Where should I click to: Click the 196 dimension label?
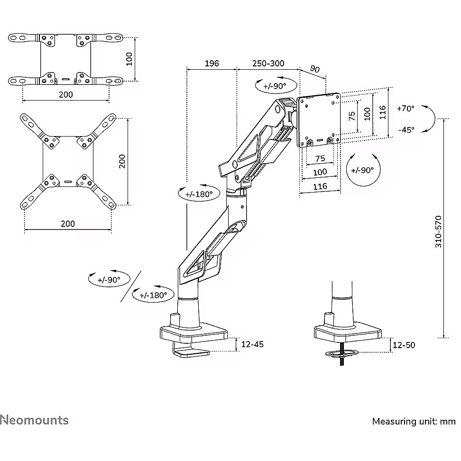pos(212,64)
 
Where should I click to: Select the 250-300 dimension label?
pos(268,64)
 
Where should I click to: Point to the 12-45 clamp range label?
pos(252,344)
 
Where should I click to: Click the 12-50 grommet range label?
pos(404,345)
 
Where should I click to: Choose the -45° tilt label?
pos(406,129)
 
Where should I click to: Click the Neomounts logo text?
pos(34,420)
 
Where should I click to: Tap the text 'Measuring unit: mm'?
pos(414,421)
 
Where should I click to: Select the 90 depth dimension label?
pos(314,69)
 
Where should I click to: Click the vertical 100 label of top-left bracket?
pos(130,59)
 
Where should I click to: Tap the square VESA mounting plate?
pos(318,119)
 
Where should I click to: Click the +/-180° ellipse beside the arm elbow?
pos(195,194)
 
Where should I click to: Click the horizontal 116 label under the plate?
pos(320,186)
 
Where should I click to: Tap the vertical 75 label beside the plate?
pos(351,116)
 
